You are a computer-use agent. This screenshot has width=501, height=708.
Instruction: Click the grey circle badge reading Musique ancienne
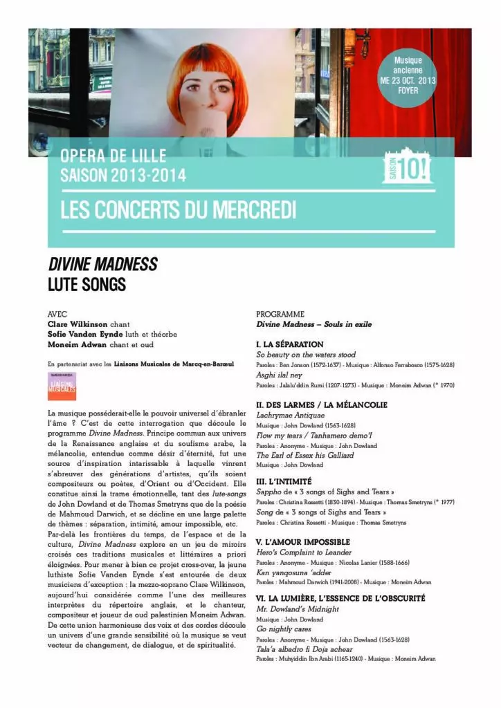coord(408,75)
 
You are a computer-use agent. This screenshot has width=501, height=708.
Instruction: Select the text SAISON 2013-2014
coord(123,176)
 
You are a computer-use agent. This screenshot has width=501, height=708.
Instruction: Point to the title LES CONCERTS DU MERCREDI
coord(178,210)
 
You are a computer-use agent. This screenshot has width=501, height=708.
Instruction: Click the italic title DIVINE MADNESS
coord(102,265)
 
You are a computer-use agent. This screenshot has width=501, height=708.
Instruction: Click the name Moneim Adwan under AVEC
coord(75,344)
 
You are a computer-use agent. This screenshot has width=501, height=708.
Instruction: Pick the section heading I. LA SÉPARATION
coord(290,344)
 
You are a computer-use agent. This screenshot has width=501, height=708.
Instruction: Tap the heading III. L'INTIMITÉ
coord(284,481)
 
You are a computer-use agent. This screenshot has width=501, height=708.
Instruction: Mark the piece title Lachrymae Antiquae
coord(291,415)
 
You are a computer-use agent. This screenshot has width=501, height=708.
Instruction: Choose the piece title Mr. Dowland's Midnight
coord(298,608)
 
